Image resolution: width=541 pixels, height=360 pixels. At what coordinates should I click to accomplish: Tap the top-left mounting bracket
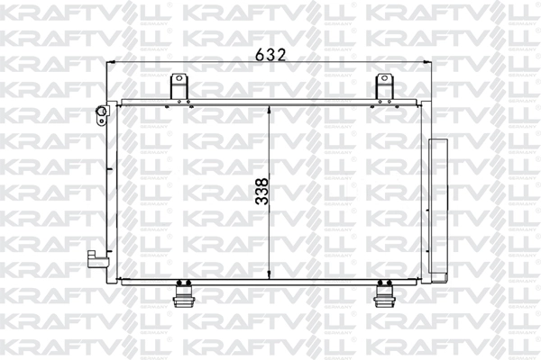pos(179,87)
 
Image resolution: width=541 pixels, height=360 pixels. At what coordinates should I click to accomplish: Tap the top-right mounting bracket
pos(385,87)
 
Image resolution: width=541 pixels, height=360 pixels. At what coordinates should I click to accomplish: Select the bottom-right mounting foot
pos(385,294)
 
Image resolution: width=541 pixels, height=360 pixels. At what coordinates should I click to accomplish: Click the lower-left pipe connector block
pos(93,258)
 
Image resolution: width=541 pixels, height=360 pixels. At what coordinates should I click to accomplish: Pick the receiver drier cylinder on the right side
pos(440,209)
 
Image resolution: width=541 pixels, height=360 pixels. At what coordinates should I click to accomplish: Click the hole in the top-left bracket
pos(179,80)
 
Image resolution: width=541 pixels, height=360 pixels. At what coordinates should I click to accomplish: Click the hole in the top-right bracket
pos(385,80)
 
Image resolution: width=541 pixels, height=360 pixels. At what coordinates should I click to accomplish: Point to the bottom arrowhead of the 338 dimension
pos(270,274)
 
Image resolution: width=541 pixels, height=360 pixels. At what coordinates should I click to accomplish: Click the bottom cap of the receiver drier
pos(440,277)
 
